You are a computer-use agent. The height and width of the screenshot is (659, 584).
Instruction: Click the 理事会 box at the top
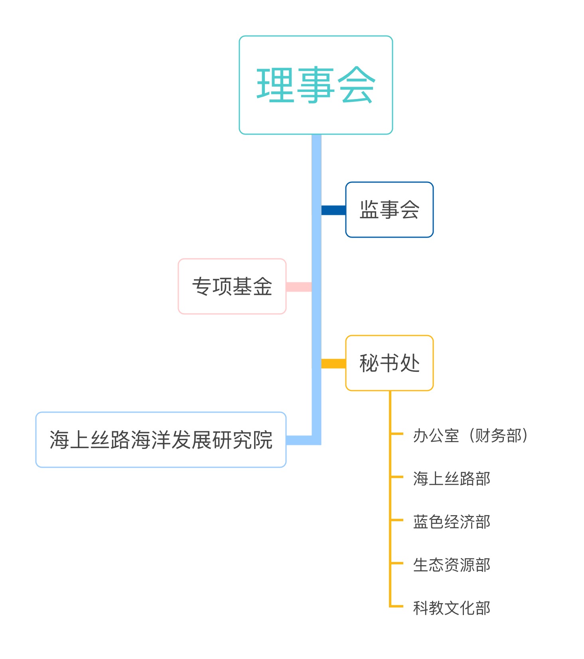pyautogui.click(x=316, y=85)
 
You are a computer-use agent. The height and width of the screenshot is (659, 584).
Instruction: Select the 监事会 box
pyautogui.click(x=389, y=210)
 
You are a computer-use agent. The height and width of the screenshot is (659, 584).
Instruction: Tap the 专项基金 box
pyautogui.click(x=232, y=286)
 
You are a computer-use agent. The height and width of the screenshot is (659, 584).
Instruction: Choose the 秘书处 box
pyautogui.click(x=389, y=363)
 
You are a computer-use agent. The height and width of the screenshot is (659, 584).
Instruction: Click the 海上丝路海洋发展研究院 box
pyautogui.click(x=161, y=440)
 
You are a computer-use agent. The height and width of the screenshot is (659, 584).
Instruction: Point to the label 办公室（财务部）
pyautogui.click(x=471, y=435)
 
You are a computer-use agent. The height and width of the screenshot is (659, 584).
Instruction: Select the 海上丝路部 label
pyautogui.click(x=452, y=478)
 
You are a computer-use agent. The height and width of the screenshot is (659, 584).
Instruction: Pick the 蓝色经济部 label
pyautogui.click(x=452, y=522)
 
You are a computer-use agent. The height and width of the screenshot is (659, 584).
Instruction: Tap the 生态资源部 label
pyautogui.click(x=452, y=565)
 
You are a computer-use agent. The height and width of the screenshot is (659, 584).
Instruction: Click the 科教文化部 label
pyautogui.click(x=452, y=608)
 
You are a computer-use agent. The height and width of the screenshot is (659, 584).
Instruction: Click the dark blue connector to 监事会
pyautogui.click(x=333, y=210)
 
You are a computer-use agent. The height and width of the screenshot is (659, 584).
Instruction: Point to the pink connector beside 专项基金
pyautogui.click(x=299, y=287)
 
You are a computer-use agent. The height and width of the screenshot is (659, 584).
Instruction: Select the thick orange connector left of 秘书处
pyautogui.click(x=333, y=363)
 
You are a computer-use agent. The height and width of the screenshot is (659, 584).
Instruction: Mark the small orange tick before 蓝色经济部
pyautogui.click(x=397, y=520)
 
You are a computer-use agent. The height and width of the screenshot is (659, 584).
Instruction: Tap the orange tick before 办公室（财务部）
pyautogui.click(x=397, y=433)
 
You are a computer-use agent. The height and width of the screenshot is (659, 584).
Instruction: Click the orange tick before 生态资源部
pyautogui.click(x=397, y=563)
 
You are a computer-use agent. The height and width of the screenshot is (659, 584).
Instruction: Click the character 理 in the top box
pyautogui.click(x=275, y=85)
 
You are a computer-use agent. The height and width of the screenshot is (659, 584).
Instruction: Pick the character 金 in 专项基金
pyautogui.click(x=262, y=286)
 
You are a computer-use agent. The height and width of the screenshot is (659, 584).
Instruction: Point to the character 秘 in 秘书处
pyautogui.click(x=369, y=363)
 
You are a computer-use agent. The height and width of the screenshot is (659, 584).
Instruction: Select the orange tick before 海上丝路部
pyautogui.click(x=397, y=477)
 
